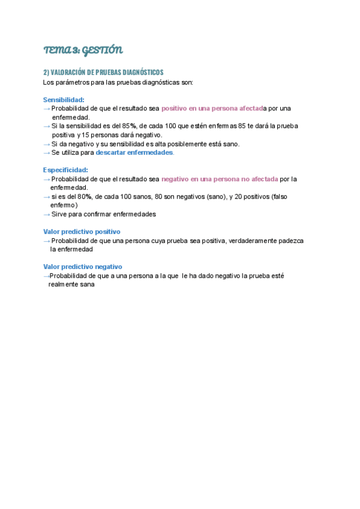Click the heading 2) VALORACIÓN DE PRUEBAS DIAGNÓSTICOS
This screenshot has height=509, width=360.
103,72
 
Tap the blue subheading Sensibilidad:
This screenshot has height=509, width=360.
64,100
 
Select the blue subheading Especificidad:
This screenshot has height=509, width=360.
65,170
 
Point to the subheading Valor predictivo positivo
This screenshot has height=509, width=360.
82,232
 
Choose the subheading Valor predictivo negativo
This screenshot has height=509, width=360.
82,267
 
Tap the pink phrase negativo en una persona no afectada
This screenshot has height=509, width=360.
220,179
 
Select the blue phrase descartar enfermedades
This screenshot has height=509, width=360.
134,152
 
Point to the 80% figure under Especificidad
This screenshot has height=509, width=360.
85,197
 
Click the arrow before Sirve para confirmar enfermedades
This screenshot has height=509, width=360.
47,214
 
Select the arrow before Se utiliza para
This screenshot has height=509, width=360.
47,152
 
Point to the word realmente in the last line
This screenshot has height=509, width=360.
61,285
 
